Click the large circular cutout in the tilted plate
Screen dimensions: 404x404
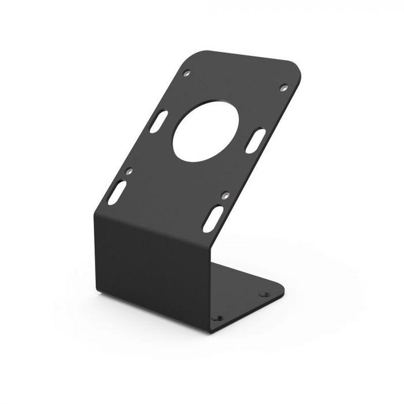[206, 131]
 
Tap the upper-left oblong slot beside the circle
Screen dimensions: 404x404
[159, 122]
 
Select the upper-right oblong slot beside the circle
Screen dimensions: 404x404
[256, 140]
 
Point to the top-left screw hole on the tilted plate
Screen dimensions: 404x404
[186, 73]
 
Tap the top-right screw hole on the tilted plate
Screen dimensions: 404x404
[284, 87]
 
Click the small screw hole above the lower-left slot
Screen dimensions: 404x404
[129, 171]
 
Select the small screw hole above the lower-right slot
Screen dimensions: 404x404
[225, 194]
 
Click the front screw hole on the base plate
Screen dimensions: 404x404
[218, 318]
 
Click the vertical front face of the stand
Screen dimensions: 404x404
[151, 268]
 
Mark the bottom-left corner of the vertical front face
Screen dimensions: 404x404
[97, 293]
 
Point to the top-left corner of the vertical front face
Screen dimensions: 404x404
[95, 215]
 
